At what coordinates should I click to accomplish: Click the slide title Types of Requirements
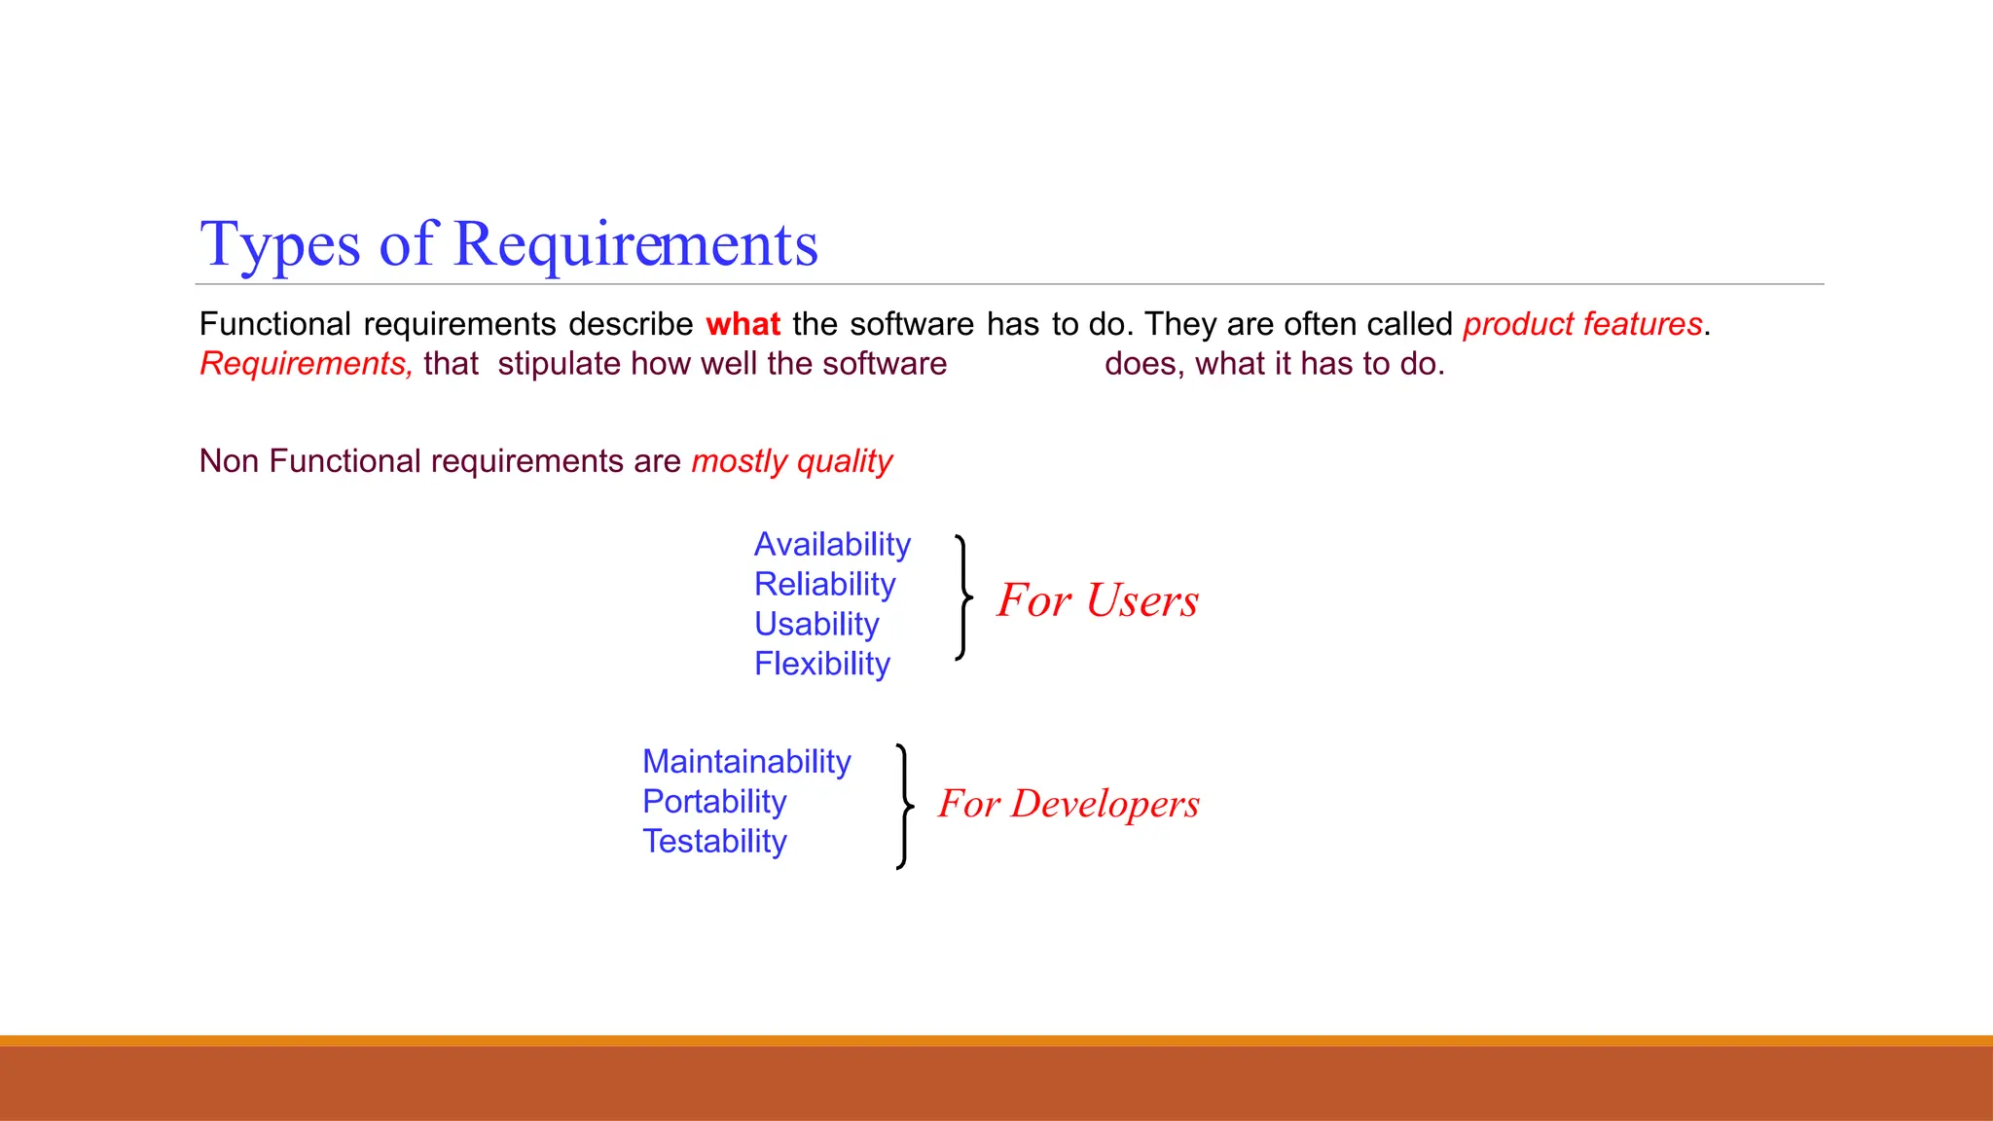click(x=508, y=243)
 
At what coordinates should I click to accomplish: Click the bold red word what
click(x=743, y=324)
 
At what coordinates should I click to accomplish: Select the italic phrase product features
click(x=1582, y=324)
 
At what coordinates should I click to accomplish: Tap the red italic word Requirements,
click(x=306, y=364)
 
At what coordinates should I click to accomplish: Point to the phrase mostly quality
click(x=791, y=461)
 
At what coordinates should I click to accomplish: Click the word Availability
click(x=832, y=544)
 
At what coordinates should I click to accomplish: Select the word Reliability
click(x=824, y=584)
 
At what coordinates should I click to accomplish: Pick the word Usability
click(x=816, y=624)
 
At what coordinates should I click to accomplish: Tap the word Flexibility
click(x=822, y=664)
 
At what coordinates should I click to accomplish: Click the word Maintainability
click(x=746, y=761)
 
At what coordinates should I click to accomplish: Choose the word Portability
click(x=714, y=801)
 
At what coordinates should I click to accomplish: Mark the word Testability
click(x=714, y=841)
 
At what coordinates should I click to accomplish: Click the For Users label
click(x=1097, y=600)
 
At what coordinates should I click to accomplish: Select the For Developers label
click(x=1069, y=804)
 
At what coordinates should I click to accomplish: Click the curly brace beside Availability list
click(x=962, y=597)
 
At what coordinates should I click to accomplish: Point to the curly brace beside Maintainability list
click(x=904, y=806)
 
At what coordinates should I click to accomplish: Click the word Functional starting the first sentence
click(x=274, y=324)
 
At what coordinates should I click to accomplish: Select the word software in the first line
click(x=911, y=324)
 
